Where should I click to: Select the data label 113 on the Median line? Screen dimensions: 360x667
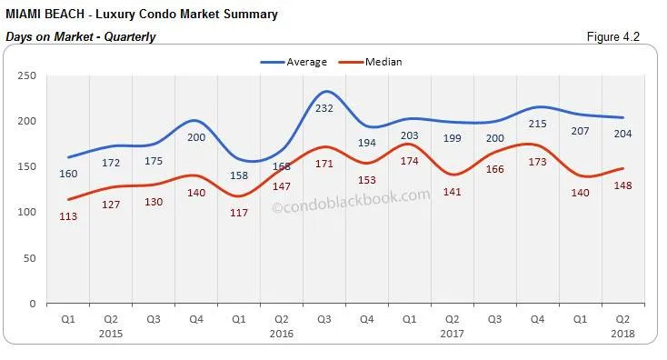67,216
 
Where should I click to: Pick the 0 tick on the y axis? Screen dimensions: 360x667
32,304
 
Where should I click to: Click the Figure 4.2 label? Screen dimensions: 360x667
620,37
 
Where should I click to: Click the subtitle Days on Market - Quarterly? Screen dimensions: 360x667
80,37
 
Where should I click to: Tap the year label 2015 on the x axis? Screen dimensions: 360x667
110,334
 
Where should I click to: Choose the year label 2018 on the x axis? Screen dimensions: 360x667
622,334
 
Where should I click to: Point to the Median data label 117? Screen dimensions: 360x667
238,213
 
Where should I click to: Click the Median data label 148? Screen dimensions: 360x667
622,185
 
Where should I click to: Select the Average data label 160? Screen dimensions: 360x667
67,174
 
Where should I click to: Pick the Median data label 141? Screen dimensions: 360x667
452,192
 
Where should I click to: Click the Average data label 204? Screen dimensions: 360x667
622,134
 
